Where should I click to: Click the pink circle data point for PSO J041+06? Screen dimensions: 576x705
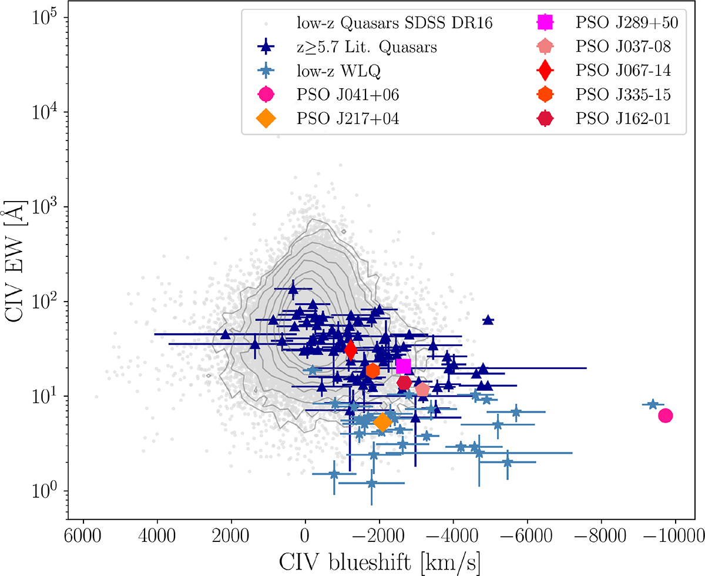665,416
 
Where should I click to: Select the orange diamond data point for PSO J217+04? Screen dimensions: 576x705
382,422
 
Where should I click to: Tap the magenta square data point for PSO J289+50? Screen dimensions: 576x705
403,366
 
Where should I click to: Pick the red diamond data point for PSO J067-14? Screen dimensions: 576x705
351,350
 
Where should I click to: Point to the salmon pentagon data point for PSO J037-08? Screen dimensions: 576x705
422,389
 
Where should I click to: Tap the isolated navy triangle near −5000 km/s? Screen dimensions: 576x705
488,320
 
